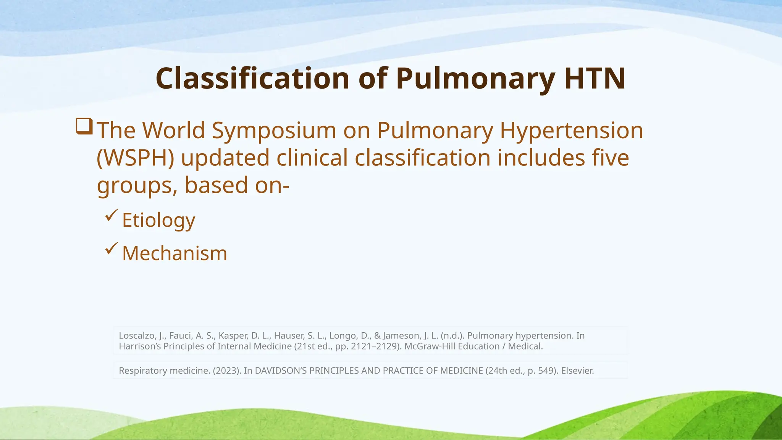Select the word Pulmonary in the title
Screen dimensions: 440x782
(475, 78)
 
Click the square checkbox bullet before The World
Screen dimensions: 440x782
(84, 126)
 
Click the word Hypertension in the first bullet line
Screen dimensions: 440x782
(571, 131)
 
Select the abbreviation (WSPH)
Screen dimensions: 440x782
(136, 158)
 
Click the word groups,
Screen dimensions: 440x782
(137, 186)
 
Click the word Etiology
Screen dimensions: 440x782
(158, 220)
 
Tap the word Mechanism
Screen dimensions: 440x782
(174, 254)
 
